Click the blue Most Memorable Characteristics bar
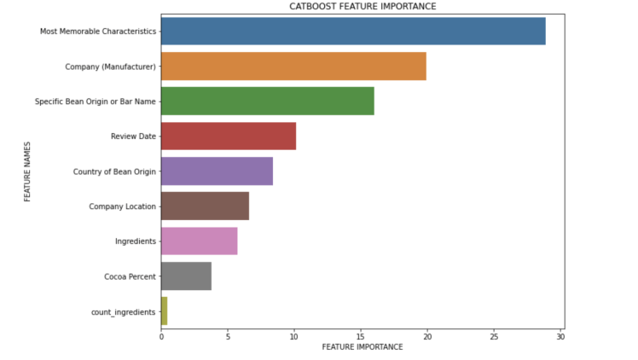353,32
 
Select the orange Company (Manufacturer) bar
293,67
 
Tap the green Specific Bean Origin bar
267,102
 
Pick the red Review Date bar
229,136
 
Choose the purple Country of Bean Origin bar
217,171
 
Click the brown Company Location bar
205,206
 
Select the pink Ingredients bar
199,241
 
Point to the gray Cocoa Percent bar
186,276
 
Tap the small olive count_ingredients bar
164,311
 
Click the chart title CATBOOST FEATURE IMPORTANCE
362,7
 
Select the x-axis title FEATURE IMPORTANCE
362,347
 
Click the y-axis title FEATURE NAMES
27,171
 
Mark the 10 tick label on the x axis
294,336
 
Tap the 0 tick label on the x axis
161,336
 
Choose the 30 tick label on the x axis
560,336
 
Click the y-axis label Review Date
133,136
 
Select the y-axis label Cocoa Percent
130,276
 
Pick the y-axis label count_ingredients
123,312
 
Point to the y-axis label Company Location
123,206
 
